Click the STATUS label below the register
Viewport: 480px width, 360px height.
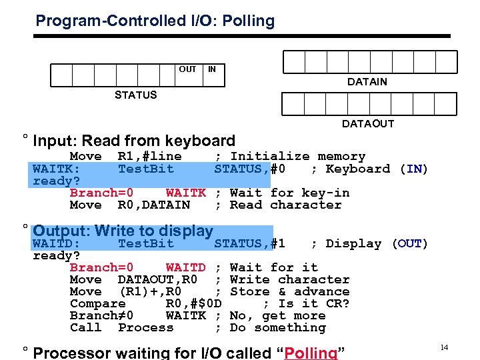click(x=135, y=95)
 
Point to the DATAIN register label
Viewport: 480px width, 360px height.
click(x=367, y=82)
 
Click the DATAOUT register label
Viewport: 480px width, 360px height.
click(x=367, y=124)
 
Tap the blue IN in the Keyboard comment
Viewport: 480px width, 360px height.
click(x=413, y=169)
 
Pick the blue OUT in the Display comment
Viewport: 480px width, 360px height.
click(x=409, y=244)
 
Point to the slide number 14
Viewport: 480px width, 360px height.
click(x=444, y=347)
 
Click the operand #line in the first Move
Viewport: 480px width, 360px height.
click(x=157, y=157)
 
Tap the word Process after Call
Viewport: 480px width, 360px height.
click(x=145, y=328)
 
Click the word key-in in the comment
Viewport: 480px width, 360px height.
click(x=325, y=193)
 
